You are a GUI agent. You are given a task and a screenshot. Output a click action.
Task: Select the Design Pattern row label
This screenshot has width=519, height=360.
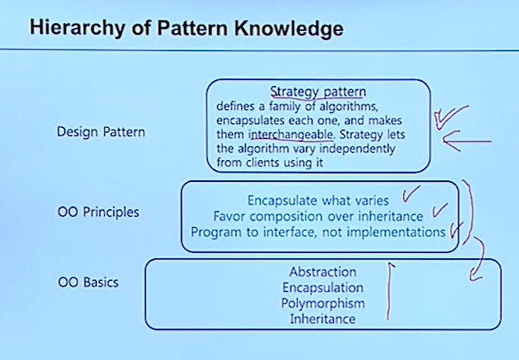tap(101, 133)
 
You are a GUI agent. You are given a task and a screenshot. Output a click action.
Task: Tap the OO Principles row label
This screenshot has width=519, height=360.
tap(98, 213)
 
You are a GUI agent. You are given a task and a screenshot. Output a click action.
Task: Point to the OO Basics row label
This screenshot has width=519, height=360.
tap(88, 282)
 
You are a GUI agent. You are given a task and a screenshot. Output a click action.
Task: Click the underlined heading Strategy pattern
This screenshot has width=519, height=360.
tap(317, 92)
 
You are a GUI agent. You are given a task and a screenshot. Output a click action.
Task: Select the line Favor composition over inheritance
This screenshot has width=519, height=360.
tap(318, 216)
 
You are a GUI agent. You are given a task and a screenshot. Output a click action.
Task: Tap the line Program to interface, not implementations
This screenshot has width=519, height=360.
tap(318, 232)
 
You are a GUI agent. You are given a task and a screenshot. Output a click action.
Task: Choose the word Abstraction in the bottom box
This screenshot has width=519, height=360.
tap(322, 272)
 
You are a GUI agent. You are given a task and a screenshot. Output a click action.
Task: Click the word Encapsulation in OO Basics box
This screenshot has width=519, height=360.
tap(322, 287)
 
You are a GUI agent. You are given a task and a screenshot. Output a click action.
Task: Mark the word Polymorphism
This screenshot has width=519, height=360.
tap(322, 303)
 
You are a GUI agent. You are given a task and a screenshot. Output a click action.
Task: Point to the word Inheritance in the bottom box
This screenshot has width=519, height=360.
tap(322, 319)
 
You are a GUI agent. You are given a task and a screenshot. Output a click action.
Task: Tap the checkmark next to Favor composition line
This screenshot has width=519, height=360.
tap(439, 212)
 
